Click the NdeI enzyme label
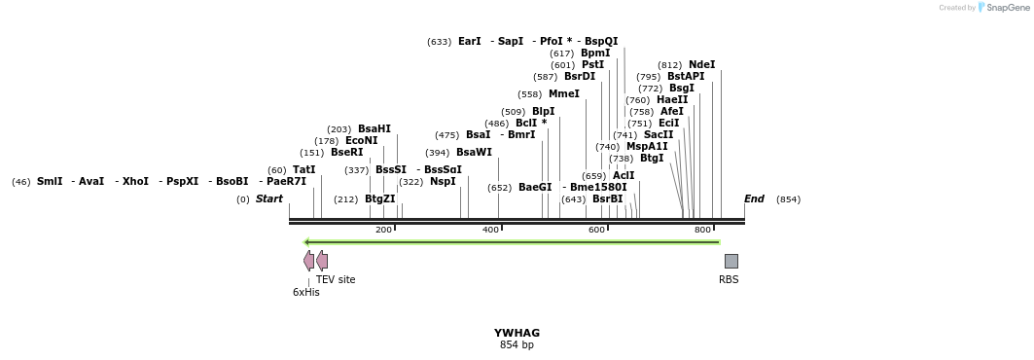click(701, 65)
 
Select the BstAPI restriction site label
click(686, 77)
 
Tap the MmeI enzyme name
click(563, 94)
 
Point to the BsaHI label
click(374, 129)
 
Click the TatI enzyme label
click(303, 170)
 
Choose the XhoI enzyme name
click(135, 182)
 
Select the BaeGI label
click(535, 188)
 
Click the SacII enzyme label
click(659, 135)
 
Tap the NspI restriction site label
click(443, 182)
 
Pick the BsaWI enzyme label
click(474, 153)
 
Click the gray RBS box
click(731, 261)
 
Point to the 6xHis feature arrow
click(308, 261)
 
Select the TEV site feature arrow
click(322, 261)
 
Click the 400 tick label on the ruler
click(490, 230)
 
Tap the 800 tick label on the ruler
click(702, 230)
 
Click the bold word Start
click(269, 199)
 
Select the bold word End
click(754, 199)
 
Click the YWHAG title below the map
click(517, 333)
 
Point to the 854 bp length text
click(517, 345)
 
